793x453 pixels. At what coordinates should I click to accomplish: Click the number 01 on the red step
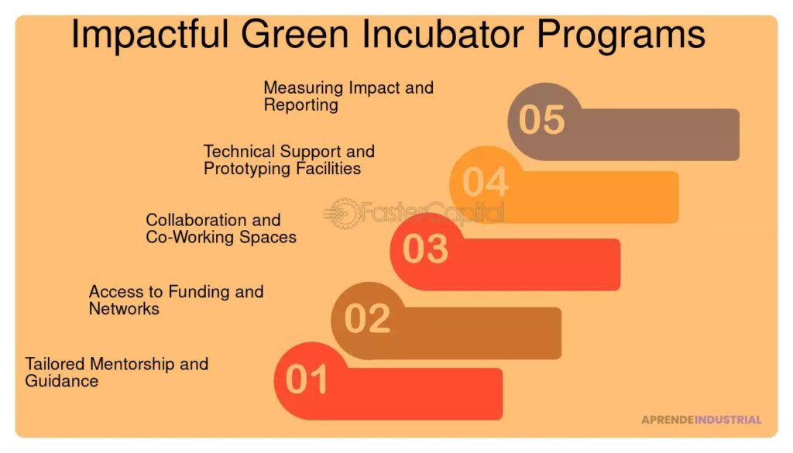coord(307,380)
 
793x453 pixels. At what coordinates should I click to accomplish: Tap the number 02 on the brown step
coord(367,319)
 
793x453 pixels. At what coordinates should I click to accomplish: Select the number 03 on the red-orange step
coord(425,249)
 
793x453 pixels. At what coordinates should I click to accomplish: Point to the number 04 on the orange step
coord(485,183)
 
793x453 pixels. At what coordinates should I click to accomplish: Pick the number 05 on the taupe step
coord(542,120)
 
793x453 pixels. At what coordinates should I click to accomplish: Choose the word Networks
coord(124,309)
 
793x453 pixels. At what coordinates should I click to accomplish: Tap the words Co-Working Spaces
coord(221,238)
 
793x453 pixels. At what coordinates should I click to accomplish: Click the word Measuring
coord(304,88)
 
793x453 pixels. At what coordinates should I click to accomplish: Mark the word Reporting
coord(300,105)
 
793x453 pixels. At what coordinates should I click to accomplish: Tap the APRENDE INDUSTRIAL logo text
coord(701,420)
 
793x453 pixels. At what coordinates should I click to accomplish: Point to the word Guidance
coord(62,381)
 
